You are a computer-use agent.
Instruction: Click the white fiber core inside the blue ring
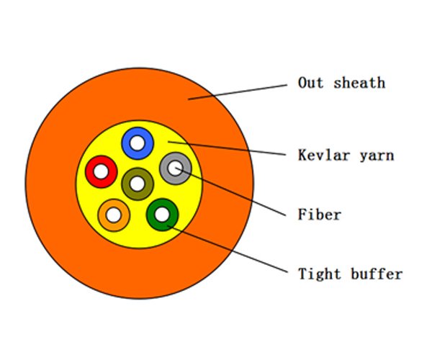(138, 143)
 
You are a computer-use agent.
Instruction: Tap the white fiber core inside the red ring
(102, 172)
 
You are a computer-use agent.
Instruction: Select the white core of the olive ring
(138, 184)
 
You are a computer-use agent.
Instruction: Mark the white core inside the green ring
(163, 215)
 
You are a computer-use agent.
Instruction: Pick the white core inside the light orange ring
(114, 215)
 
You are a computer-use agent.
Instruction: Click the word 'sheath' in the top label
(359, 83)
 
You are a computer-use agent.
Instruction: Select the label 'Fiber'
(320, 215)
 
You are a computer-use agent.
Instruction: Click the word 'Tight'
(320, 274)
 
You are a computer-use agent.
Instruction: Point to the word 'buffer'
(377, 274)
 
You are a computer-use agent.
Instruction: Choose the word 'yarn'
(377, 156)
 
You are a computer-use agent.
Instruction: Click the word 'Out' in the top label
(311, 83)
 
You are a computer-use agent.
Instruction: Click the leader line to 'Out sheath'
(238, 92)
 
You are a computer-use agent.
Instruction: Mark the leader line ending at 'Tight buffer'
(228, 249)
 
